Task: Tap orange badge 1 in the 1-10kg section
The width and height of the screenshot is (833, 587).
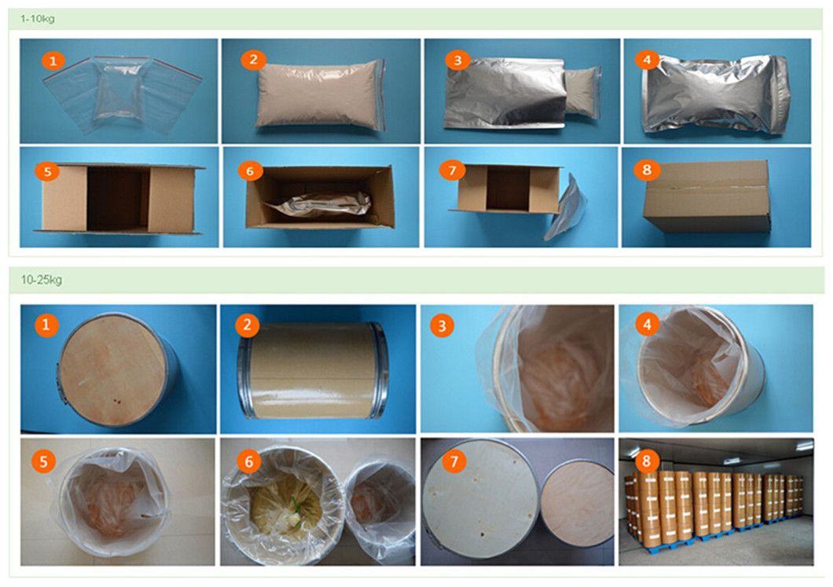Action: [53, 61]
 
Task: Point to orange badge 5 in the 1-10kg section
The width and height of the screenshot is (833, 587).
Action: [47, 171]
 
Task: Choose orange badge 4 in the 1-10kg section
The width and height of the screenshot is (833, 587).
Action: [646, 60]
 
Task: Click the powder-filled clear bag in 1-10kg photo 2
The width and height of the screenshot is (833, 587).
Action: [318, 96]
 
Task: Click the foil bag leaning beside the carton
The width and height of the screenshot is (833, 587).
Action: [567, 208]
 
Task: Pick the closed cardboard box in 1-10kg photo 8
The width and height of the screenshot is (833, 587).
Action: [706, 197]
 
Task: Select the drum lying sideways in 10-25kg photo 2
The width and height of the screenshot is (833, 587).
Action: [313, 369]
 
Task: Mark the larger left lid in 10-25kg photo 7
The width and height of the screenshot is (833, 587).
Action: [481, 500]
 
